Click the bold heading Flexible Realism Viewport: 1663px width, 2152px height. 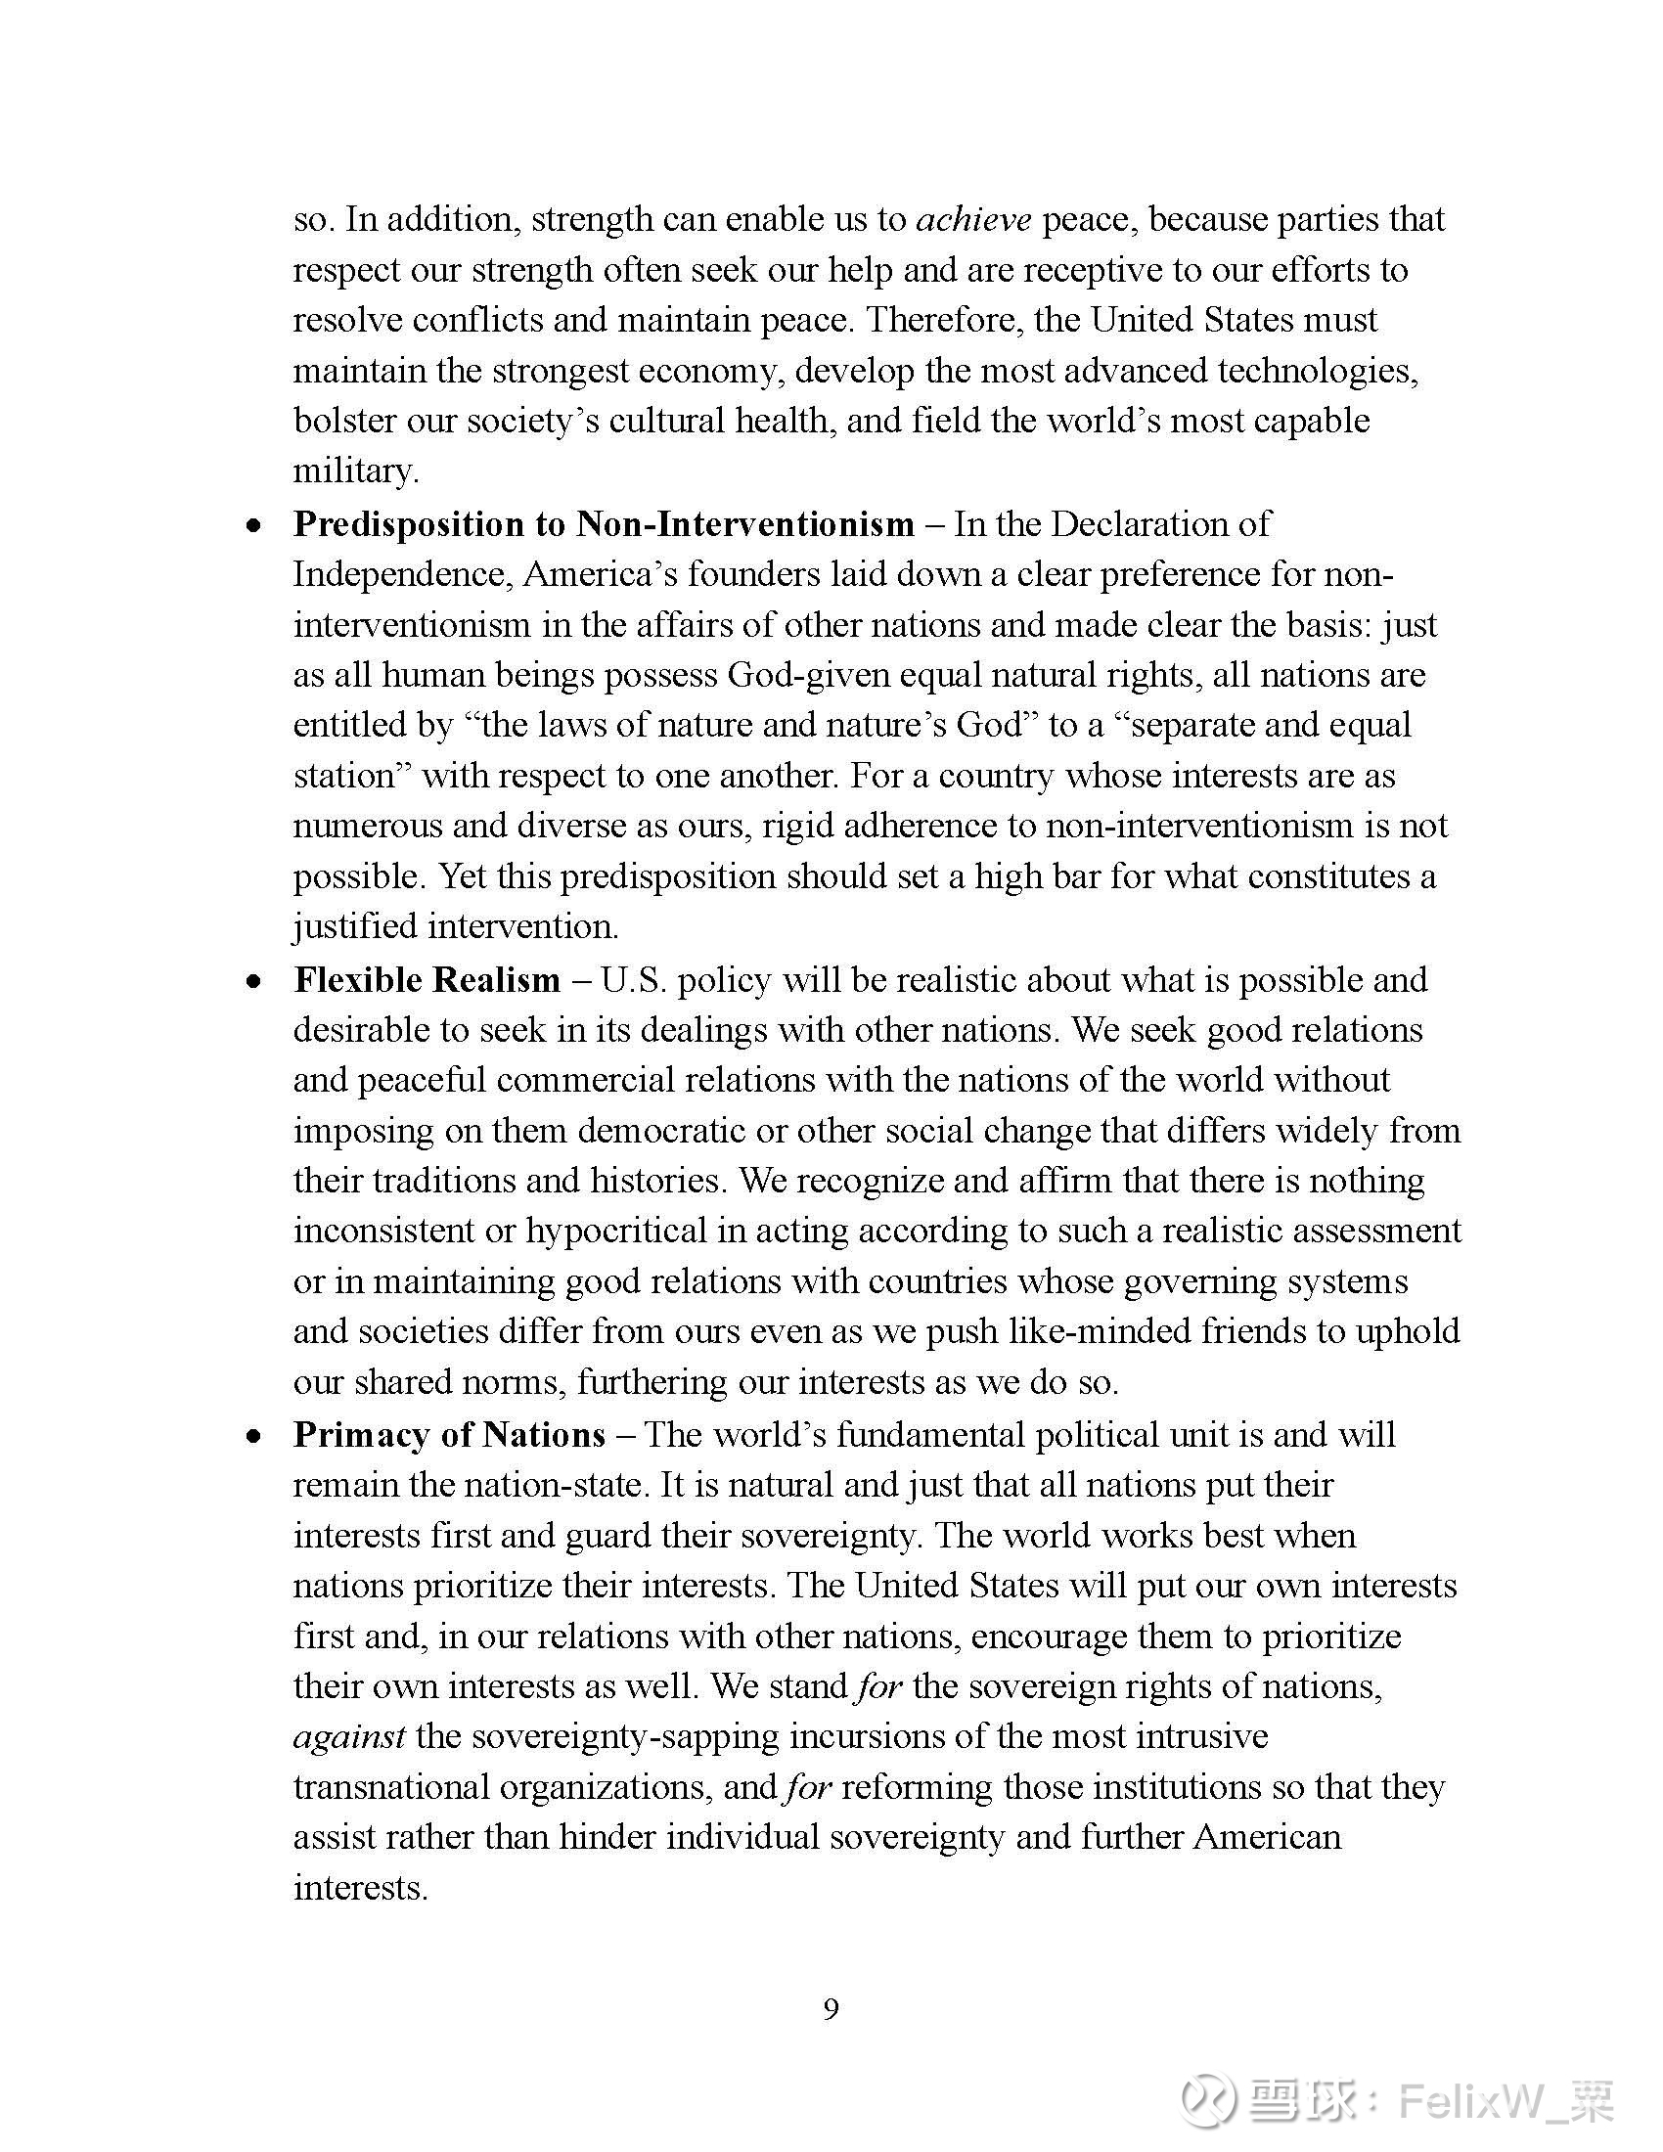click(x=427, y=979)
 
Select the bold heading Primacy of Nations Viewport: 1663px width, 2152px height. click(x=449, y=1434)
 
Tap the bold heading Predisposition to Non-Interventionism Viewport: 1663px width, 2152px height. click(x=603, y=523)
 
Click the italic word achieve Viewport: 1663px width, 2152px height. click(x=973, y=219)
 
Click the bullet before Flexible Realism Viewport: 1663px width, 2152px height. click(x=255, y=981)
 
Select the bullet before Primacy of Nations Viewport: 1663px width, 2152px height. click(x=255, y=1436)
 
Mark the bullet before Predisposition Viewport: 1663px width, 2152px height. click(x=255, y=525)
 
